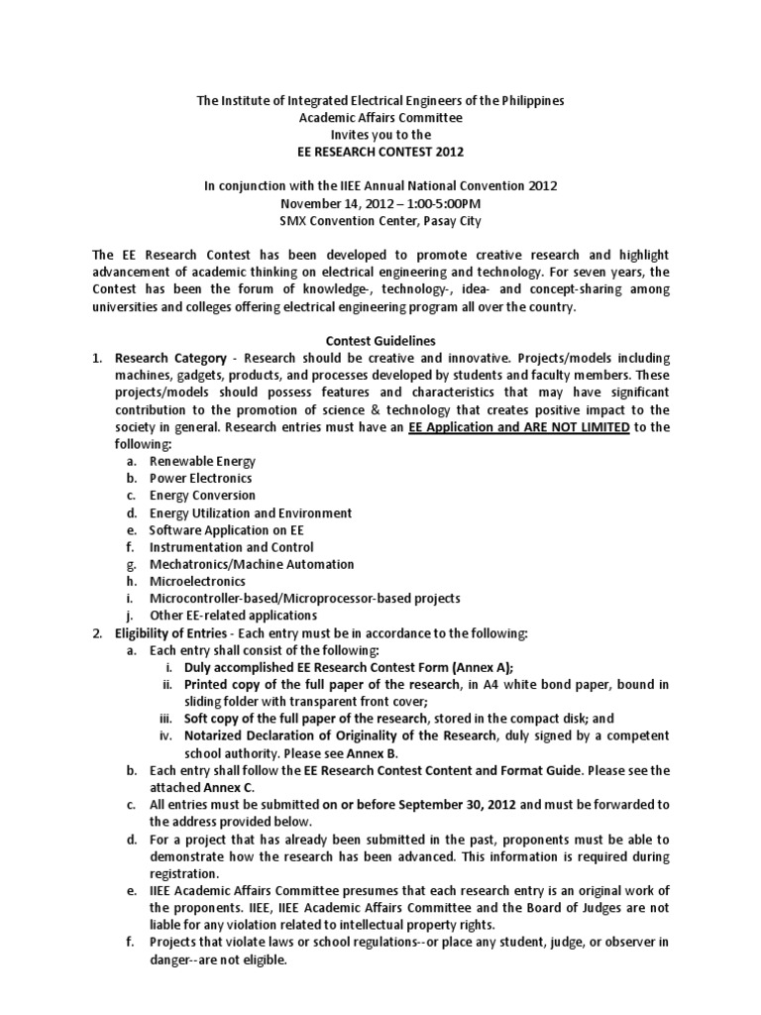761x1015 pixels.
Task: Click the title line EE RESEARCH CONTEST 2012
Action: pyautogui.click(x=380, y=152)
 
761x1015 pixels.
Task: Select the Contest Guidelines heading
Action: pyautogui.click(x=380, y=340)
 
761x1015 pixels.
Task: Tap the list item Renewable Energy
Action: pyautogui.click(x=202, y=461)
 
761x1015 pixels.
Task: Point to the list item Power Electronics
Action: pyautogui.click(x=200, y=478)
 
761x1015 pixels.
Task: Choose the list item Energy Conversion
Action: pyautogui.click(x=202, y=495)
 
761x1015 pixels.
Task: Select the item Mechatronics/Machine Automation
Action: pyautogui.click(x=251, y=564)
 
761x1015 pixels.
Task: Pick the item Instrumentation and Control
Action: pyautogui.click(x=231, y=546)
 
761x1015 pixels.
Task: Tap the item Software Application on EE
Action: pyautogui.click(x=227, y=529)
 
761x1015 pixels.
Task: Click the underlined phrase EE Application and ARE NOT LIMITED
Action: pyautogui.click(x=518, y=427)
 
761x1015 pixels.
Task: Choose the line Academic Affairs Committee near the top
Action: pyautogui.click(x=380, y=117)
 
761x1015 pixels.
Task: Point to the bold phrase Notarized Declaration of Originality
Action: pyautogui.click(x=326, y=735)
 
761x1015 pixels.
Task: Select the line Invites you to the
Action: pyautogui.click(x=380, y=134)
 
